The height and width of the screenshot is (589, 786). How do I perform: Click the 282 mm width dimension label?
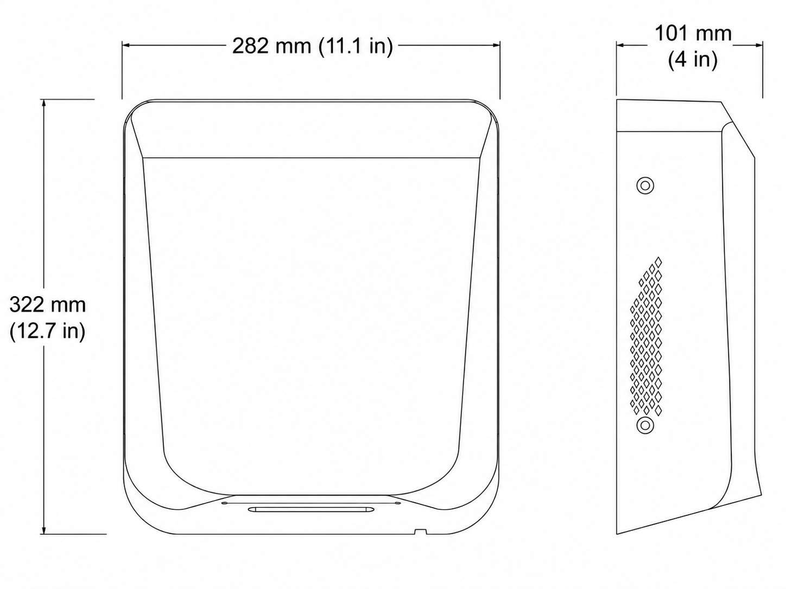(x=313, y=46)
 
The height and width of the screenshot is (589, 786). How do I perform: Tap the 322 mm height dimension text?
(x=48, y=305)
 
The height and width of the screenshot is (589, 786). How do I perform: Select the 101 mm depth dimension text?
(x=693, y=34)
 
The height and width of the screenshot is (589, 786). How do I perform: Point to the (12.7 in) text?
(x=48, y=331)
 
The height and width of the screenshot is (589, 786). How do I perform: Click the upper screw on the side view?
(x=645, y=185)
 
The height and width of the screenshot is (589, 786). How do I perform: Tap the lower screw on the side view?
(x=645, y=425)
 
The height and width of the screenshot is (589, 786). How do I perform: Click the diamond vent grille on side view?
(x=645, y=336)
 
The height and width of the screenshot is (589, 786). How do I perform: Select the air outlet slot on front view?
(x=311, y=509)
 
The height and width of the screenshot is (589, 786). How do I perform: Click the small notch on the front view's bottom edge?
(x=420, y=532)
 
